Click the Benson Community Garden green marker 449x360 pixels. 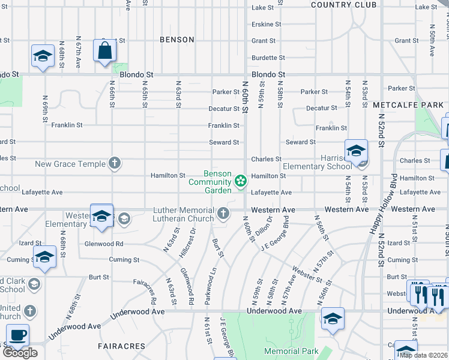click(x=241, y=180)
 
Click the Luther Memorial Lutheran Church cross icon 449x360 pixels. click(x=223, y=213)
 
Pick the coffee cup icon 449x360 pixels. click(x=17, y=335)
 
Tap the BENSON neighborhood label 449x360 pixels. click(x=177, y=40)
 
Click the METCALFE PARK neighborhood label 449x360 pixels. click(x=408, y=104)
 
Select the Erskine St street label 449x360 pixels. click(x=267, y=25)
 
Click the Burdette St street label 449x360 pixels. click(x=267, y=58)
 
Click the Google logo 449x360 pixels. click(x=20, y=353)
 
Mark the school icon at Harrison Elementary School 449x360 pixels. click(x=356, y=151)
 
